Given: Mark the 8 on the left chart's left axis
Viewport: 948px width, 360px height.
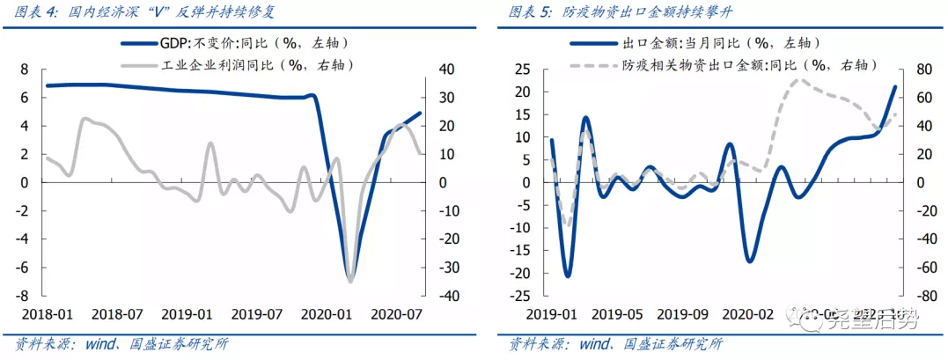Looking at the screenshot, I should click(x=25, y=70).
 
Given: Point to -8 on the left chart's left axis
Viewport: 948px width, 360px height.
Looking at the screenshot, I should click(x=22, y=296).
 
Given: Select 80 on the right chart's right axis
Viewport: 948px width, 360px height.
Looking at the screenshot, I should click(x=927, y=70).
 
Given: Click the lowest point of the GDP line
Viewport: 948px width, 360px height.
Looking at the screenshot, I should click(x=350, y=280).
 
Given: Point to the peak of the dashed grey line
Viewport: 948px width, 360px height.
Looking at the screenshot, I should click(x=800, y=80).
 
